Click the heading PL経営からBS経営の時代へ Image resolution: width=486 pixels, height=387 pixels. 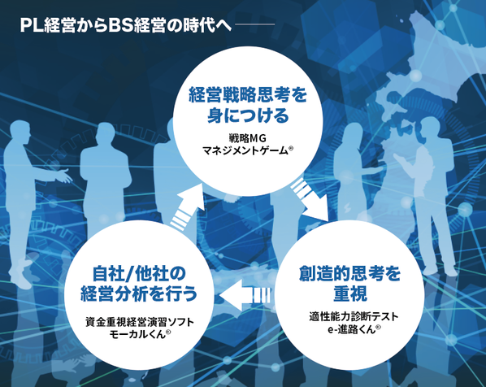pos(125,25)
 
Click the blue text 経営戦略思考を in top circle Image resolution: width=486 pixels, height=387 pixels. pos(248,95)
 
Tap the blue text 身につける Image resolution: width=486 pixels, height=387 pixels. pos(248,115)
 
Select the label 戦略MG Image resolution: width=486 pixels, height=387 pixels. pos(248,137)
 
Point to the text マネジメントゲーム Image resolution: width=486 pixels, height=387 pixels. pos(245,151)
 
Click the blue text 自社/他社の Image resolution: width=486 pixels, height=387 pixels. pos(139,273)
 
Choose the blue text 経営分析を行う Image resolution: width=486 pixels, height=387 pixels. pos(139,294)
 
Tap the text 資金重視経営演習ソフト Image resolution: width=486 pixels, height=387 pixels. pos(140,322)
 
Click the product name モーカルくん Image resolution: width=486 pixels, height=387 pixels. pos(137,334)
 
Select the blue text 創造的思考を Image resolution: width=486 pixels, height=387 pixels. pos(350,273)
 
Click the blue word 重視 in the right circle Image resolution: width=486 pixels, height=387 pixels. pos(350,294)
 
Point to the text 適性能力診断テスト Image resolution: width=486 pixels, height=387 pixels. pos(354,316)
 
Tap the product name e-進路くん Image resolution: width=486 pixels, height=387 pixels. pos(351,329)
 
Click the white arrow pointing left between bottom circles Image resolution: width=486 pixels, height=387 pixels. pos(245,295)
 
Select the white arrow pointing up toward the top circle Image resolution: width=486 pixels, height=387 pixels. pos(188,207)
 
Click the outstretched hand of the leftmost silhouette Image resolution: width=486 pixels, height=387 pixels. pos(64,176)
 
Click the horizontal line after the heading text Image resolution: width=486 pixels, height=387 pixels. pos(254,24)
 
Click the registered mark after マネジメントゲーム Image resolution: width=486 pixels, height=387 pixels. pos(291,148)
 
